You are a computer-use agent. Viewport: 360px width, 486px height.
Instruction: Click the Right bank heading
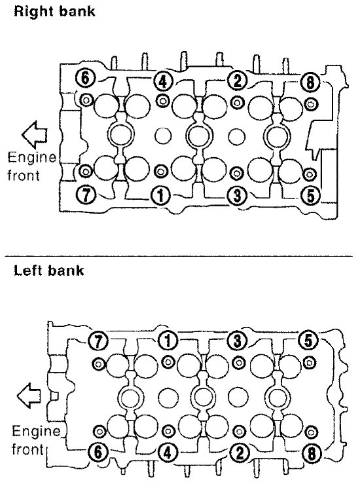click(x=54, y=11)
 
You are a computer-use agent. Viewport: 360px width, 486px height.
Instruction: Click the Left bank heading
click(x=49, y=271)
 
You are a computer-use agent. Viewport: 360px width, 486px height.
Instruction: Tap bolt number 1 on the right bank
click(x=160, y=196)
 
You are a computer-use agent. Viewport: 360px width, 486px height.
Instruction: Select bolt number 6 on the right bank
click(x=85, y=77)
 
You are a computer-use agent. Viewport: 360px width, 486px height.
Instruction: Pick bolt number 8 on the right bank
click(x=310, y=83)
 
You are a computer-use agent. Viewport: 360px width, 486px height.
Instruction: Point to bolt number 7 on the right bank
click(x=86, y=195)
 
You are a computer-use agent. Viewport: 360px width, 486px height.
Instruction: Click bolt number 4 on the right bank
click(x=162, y=81)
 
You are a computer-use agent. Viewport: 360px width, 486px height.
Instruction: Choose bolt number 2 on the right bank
click(x=237, y=81)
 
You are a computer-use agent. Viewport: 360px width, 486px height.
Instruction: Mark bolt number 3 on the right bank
click(x=237, y=196)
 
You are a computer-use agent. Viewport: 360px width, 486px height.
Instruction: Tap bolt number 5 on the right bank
click(x=310, y=195)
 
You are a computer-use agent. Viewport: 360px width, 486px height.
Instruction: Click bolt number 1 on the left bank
click(x=168, y=341)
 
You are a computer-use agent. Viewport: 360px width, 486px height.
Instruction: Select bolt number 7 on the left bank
click(x=98, y=341)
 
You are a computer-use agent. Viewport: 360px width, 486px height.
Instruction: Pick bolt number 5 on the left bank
click(x=308, y=341)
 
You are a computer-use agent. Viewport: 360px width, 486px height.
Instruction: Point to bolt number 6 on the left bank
click(x=98, y=452)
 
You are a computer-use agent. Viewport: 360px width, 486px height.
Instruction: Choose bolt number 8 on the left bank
click(x=312, y=454)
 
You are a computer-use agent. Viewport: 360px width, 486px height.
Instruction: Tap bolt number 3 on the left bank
click(x=238, y=341)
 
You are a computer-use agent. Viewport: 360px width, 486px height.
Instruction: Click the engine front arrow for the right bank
click(x=35, y=135)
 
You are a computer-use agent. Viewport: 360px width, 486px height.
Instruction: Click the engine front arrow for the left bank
click(x=29, y=396)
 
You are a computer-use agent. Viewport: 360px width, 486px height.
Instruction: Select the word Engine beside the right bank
click(x=31, y=158)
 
